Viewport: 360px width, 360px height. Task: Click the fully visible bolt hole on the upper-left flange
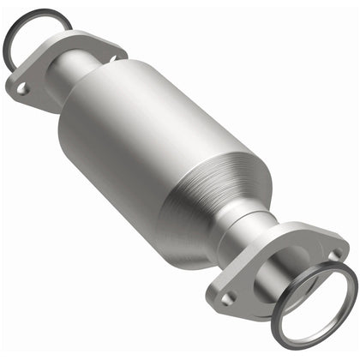[23, 87]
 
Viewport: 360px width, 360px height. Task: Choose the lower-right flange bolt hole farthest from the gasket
[228, 297]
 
